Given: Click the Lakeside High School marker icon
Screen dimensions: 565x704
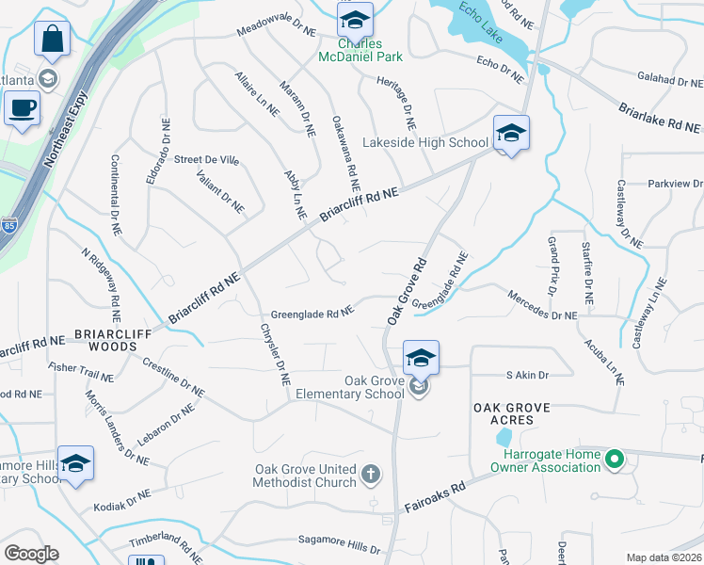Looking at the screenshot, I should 511,134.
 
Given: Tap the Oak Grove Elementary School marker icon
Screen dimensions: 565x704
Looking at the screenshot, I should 421,359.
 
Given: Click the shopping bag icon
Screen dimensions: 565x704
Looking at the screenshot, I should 53,40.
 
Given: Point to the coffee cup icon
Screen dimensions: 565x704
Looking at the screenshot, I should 21,106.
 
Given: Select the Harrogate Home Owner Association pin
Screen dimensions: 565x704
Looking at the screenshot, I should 615,460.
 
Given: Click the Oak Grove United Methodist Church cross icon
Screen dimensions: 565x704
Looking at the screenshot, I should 371,474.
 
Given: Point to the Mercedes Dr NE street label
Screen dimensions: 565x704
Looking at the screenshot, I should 542,309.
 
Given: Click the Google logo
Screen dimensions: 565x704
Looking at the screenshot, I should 32,554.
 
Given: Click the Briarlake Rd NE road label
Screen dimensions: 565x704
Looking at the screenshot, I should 660,118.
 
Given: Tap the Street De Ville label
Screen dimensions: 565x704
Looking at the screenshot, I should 206,160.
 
